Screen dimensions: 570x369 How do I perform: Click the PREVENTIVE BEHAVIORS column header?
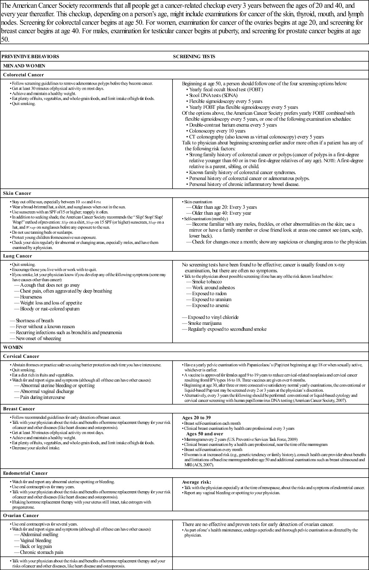pos(31,56)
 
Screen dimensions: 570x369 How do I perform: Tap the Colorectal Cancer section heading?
pos(22,75)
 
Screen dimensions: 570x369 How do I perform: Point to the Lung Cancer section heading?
pos(17,256)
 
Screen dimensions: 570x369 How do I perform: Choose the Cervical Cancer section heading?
pos(21,357)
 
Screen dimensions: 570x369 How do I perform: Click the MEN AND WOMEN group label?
pos(24,66)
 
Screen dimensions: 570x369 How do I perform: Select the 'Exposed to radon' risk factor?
pos(209,293)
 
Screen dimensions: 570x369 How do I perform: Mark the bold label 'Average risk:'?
pos(196,482)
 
